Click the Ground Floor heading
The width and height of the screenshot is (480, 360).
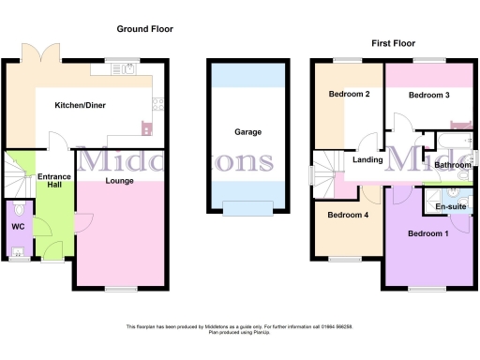(x=144, y=29)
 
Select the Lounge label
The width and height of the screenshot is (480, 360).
(x=119, y=180)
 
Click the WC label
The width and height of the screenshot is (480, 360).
(x=18, y=226)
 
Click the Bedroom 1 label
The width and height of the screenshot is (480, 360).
(x=427, y=232)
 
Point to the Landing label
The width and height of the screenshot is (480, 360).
(x=367, y=160)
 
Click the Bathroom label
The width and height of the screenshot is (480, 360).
(x=452, y=165)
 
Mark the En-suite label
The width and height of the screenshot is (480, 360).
(x=451, y=204)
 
